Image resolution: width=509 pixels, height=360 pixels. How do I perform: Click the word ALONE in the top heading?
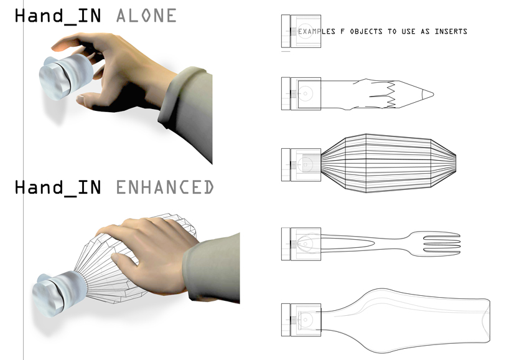(146, 16)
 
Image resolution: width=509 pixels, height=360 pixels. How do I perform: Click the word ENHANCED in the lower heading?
(165, 187)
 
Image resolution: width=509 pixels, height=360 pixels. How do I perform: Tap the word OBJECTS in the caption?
(366, 32)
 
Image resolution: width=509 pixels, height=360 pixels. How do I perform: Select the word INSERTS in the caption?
(451, 32)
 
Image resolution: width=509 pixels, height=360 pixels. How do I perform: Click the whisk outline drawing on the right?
(388, 163)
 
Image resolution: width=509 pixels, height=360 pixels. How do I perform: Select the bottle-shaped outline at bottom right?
(406, 320)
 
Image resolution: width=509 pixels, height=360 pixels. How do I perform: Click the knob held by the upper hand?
(66, 77)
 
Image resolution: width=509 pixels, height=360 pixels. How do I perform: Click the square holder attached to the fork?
(301, 244)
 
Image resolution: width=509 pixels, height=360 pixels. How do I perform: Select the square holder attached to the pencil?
(301, 93)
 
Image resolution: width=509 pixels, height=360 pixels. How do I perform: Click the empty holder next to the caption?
(301, 31)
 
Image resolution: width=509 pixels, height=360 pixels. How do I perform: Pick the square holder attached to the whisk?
(301, 164)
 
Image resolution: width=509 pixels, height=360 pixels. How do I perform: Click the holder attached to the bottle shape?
(301, 320)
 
